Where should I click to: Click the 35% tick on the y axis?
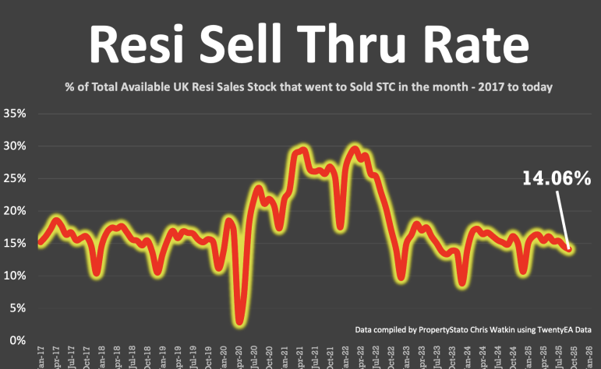click(16, 113)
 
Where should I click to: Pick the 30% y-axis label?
click(16, 146)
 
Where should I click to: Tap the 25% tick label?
click(16, 178)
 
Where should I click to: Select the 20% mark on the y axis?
click(16, 211)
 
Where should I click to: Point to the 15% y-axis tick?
click(16, 244)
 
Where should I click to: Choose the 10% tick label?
click(16, 276)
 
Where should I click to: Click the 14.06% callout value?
click(555, 180)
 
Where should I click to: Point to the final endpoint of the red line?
click(571, 249)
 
